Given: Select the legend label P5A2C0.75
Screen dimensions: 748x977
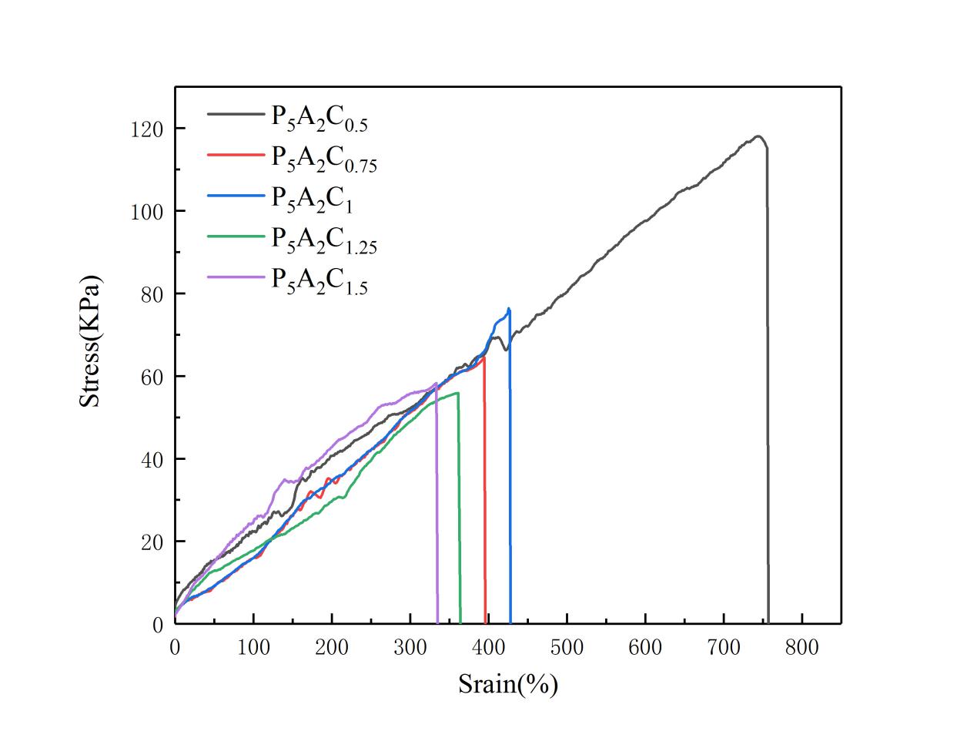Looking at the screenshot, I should [x=323, y=159].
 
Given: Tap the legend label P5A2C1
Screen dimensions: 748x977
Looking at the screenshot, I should [x=312, y=199].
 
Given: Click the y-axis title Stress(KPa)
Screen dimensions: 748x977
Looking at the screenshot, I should [x=91, y=341].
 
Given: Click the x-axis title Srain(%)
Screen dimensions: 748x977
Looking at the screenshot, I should [x=507, y=683].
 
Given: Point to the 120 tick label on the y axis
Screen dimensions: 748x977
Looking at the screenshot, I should [x=146, y=129].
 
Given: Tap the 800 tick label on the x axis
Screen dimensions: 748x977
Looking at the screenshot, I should [x=801, y=647].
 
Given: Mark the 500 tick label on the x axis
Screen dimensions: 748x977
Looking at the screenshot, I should [x=567, y=647].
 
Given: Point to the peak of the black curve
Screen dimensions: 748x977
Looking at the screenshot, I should [x=758, y=136].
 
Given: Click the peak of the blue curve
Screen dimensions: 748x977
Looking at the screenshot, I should [x=509, y=309].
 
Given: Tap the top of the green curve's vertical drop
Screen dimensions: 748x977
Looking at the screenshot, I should [x=458, y=394].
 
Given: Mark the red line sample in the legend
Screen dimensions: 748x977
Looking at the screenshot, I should [x=235, y=154].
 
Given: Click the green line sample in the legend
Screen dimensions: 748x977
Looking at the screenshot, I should [x=235, y=236].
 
